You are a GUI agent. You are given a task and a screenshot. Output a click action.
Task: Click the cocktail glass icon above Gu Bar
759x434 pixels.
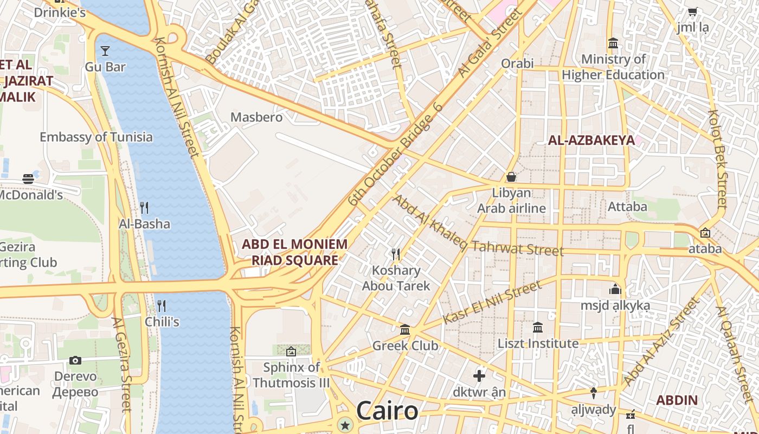click(x=105, y=51)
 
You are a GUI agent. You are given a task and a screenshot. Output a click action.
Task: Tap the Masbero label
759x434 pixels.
click(x=256, y=117)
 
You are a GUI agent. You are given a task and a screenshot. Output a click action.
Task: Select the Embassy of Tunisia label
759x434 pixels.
click(x=96, y=137)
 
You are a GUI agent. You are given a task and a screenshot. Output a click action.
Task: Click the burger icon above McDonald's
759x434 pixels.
click(x=28, y=179)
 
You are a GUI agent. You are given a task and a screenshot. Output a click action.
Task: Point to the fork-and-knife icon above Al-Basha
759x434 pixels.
click(x=144, y=207)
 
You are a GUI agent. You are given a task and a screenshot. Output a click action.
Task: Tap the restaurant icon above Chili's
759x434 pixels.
click(x=161, y=305)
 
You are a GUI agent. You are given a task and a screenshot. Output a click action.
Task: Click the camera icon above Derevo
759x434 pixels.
click(x=75, y=360)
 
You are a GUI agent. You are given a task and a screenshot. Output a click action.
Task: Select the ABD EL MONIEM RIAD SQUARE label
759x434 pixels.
click(x=294, y=252)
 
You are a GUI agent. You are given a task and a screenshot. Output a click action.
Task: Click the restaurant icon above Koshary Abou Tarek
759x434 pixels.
click(x=396, y=254)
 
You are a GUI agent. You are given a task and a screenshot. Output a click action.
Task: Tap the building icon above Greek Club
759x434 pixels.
click(x=405, y=329)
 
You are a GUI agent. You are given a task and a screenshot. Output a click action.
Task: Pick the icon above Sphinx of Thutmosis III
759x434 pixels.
click(x=291, y=352)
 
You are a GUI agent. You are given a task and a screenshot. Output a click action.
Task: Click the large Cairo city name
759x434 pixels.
click(x=387, y=411)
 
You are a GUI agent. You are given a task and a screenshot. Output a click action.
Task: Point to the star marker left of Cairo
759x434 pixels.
click(x=345, y=425)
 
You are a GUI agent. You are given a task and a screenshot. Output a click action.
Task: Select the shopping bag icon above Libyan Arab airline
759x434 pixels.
click(x=511, y=177)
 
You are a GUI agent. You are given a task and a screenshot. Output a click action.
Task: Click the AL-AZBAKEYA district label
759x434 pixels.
click(x=591, y=141)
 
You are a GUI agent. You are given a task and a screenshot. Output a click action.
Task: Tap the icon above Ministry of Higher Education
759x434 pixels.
click(x=613, y=43)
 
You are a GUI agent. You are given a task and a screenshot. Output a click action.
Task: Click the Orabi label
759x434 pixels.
click(x=517, y=63)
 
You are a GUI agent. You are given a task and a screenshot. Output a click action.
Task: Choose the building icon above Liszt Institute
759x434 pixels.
click(x=538, y=327)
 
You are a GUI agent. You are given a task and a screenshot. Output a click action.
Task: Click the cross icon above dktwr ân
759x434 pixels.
click(x=479, y=375)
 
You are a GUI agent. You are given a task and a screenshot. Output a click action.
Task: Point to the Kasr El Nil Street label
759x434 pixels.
click(x=492, y=302)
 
